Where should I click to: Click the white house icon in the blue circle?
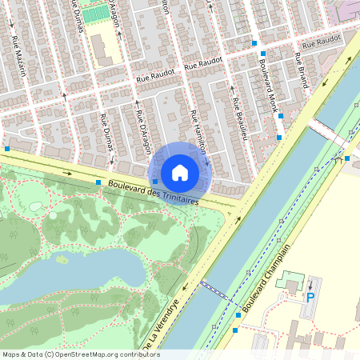180,172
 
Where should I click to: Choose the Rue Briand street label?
301,70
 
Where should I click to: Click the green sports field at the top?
94,14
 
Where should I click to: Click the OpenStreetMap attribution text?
80,354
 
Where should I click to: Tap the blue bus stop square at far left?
7,148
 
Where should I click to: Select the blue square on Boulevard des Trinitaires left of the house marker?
110,182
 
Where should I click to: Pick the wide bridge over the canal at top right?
328,132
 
